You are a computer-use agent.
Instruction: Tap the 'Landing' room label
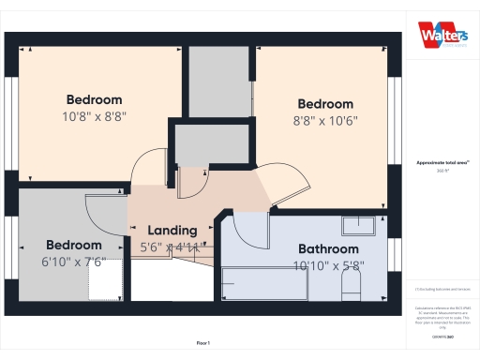coord(172,230)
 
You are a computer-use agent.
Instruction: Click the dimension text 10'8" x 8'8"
coord(94,117)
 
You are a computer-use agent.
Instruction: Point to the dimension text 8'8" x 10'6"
coord(325,120)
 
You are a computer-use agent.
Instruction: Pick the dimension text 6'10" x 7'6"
coord(74,262)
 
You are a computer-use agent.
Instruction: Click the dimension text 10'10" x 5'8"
coord(328,265)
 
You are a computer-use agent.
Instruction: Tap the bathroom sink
coord(357,224)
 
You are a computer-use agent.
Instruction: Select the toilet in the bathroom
coord(352,284)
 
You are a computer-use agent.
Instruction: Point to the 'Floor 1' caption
coord(203,343)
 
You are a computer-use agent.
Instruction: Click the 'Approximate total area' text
coord(442,162)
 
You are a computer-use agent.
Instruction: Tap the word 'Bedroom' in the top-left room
coord(94,100)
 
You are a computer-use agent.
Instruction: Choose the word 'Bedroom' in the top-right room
coord(325,104)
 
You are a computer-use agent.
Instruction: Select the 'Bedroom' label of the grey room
coord(74,246)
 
